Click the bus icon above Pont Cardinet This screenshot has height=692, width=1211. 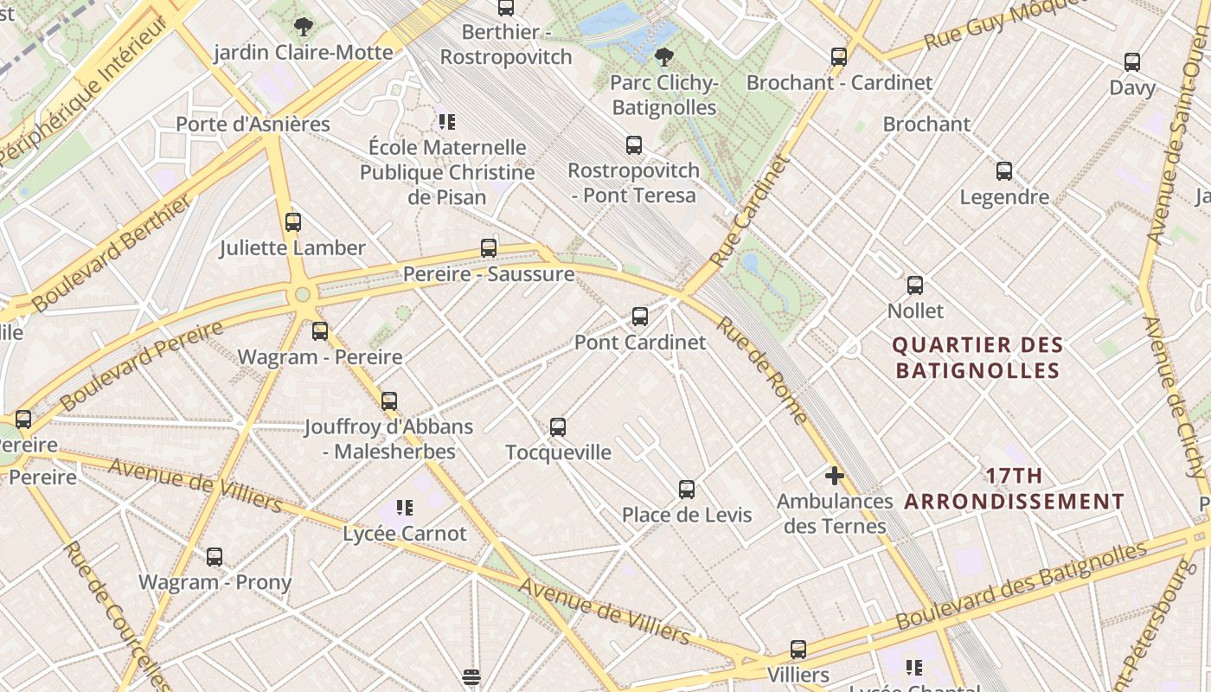click(x=640, y=317)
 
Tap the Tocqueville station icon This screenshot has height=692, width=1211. click(x=558, y=426)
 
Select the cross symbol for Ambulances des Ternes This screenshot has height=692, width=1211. click(x=834, y=476)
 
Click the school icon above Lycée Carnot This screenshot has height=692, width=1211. click(x=405, y=507)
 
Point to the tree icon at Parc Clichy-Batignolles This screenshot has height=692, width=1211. click(x=664, y=58)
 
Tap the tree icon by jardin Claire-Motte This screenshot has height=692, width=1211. click(x=303, y=27)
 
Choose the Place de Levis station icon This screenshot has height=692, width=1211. click(x=687, y=490)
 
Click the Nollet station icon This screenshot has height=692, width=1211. click(x=915, y=285)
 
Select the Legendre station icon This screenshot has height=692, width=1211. click(x=1004, y=171)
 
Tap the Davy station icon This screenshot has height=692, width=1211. click(x=1132, y=62)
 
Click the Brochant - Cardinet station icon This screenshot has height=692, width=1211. click(x=839, y=57)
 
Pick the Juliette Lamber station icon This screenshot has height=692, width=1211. click(x=293, y=222)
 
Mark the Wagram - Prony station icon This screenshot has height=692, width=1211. click(x=215, y=557)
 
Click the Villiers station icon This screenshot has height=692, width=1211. click(x=798, y=650)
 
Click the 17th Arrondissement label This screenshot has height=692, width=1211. click(x=1014, y=489)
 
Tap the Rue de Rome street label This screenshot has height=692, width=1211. click(x=762, y=370)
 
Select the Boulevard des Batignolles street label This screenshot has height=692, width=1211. click(x=1022, y=585)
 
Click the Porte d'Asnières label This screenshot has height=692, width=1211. click(x=253, y=124)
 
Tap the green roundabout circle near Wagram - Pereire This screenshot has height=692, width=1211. click(x=303, y=294)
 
